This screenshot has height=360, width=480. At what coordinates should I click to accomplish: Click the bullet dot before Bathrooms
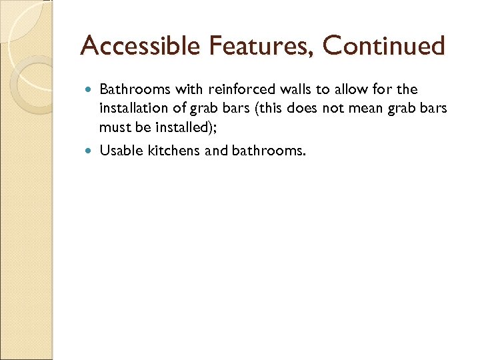[x=90, y=89]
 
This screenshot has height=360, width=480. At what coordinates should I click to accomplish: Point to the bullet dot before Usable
[x=90, y=151]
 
